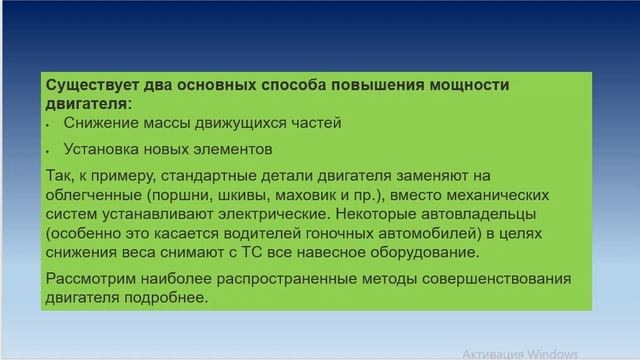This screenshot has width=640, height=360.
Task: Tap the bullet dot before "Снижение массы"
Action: pyautogui.click(x=49, y=125)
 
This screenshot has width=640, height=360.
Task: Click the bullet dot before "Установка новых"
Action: pyautogui.click(x=49, y=151)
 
